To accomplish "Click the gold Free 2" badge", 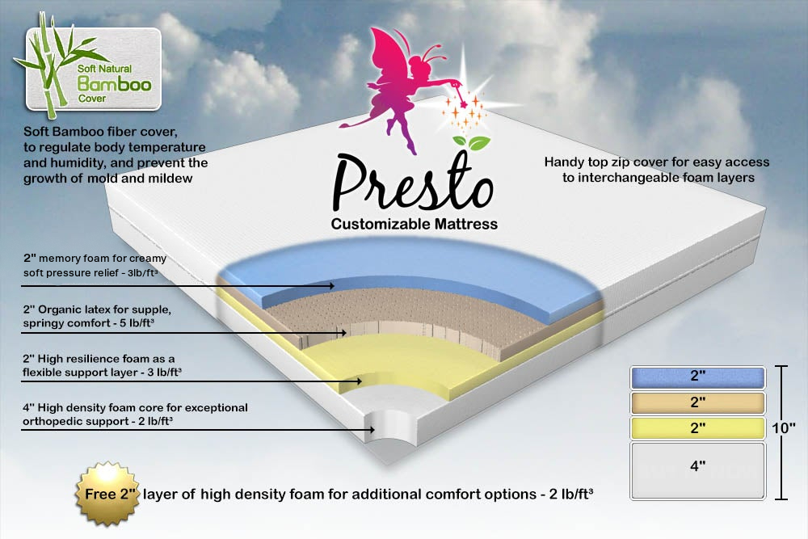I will point(105,491).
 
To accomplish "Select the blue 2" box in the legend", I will point(696,377).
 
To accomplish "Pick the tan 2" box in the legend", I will point(696,402).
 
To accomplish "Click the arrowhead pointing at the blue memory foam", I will point(330,286).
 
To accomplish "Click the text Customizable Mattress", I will point(414,223).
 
